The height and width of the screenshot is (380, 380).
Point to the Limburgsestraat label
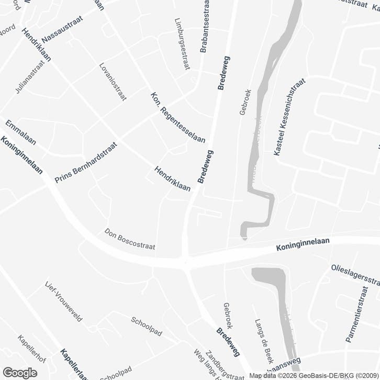pyautogui.click(x=181, y=43)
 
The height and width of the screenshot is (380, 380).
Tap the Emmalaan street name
pyautogui.click(x=20, y=133)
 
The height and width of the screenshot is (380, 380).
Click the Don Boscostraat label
pyautogui.click(x=130, y=239)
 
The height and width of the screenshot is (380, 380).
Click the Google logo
pyautogui.click(x=19, y=373)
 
